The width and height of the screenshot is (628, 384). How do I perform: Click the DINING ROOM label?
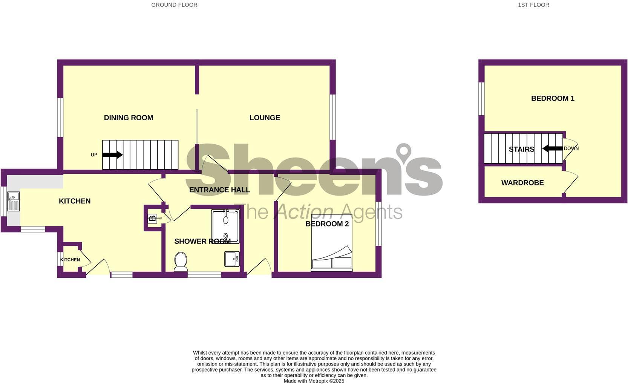pyautogui.click(x=128, y=118)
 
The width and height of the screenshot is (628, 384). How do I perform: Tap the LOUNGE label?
pyautogui.click(x=265, y=118)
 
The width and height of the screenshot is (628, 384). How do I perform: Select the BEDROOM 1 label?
pyautogui.click(x=553, y=98)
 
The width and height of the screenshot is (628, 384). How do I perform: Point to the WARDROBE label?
pyautogui.click(x=522, y=183)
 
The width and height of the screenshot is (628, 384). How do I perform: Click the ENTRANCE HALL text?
pyautogui.click(x=219, y=190)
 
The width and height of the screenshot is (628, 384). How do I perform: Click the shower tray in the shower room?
pyautogui.click(x=225, y=226)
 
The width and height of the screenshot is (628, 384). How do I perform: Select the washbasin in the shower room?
pyautogui.click(x=232, y=259)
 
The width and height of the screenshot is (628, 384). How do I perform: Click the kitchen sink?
pyautogui.click(x=13, y=202)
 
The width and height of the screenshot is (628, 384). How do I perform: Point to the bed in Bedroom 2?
pyautogui.click(x=332, y=243)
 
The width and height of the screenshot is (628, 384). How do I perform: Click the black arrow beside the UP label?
pyautogui.click(x=112, y=155)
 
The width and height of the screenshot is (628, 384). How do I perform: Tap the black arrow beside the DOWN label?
pyautogui.click(x=552, y=148)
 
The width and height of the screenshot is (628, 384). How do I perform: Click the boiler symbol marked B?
pyautogui.click(x=152, y=219)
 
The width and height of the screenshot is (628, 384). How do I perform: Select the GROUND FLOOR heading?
pyautogui.click(x=174, y=5)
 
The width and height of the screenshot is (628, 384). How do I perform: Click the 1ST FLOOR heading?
pyautogui.click(x=533, y=5)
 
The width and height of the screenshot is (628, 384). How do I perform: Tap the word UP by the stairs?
pyautogui.click(x=94, y=155)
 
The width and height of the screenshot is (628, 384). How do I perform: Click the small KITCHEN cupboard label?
pyautogui.click(x=70, y=260)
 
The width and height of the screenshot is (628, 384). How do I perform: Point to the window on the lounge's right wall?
pyautogui.click(x=332, y=117)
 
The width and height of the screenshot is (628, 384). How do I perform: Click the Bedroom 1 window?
pyautogui.click(x=481, y=98)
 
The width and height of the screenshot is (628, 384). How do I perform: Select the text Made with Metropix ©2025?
pyautogui.click(x=314, y=381)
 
